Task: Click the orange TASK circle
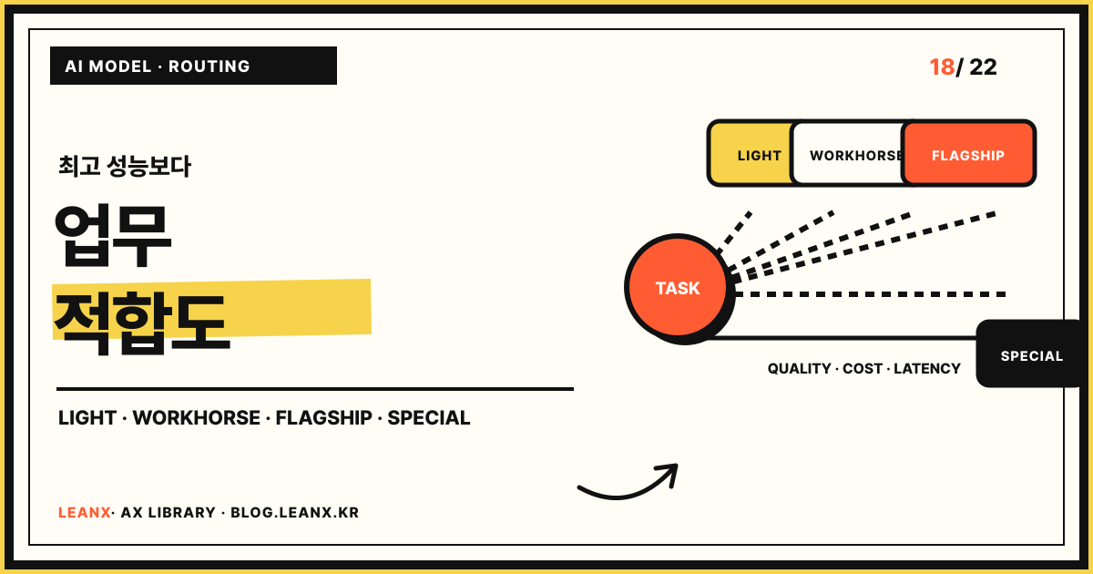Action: point(678,287)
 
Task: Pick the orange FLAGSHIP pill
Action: point(968,153)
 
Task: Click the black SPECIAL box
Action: point(1030,354)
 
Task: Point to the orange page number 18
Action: point(942,67)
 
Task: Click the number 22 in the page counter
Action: point(983,67)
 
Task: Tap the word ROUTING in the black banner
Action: point(209,67)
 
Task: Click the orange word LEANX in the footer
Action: point(85,512)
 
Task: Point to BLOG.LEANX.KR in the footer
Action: point(295,512)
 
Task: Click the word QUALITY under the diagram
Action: point(800,368)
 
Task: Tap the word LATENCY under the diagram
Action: point(927,368)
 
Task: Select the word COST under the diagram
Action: point(863,368)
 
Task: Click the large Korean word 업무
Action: point(113,236)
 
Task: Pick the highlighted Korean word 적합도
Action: point(141,323)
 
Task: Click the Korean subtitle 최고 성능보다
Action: point(125,167)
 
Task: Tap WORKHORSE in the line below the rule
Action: point(196,418)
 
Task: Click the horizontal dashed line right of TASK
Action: point(870,294)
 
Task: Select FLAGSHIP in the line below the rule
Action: point(323,418)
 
